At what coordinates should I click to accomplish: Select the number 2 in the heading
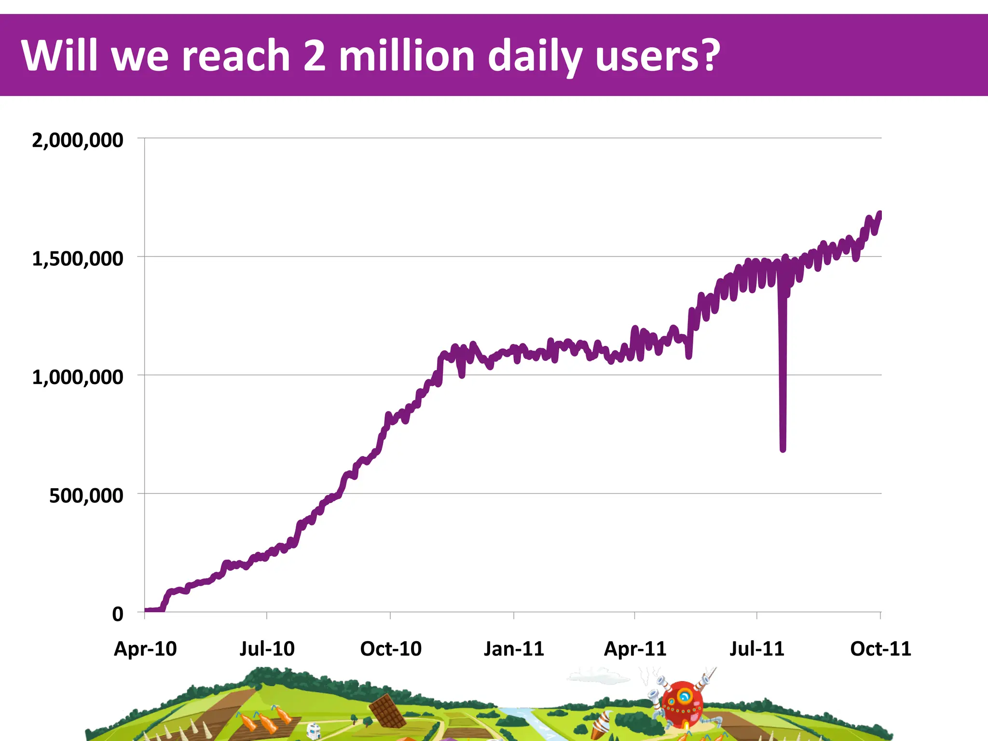pyautogui.click(x=315, y=55)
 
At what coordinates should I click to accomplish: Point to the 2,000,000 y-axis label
pyautogui.click(x=77, y=140)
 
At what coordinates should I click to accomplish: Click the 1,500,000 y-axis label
pyautogui.click(x=77, y=259)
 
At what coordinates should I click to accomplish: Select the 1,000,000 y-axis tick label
pyautogui.click(x=77, y=377)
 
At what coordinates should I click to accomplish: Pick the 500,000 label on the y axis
pyautogui.click(x=86, y=496)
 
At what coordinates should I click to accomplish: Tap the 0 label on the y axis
pyautogui.click(x=118, y=615)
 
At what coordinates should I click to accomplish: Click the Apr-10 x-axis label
pyautogui.click(x=145, y=649)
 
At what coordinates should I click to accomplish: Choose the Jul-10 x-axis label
pyautogui.click(x=267, y=649)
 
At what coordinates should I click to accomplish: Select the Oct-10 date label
pyautogui.click(x=391, y=649)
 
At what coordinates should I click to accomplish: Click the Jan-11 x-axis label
pyautogui.click(x=514, y=649)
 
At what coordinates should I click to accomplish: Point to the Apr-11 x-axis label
pyautogui.click(x=635, y=649)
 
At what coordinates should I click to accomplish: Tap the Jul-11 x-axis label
pyautogui.click(x=756, y=649)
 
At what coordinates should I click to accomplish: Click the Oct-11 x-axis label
pyautogui.click(x=880, y=649)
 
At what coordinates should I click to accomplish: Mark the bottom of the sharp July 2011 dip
pyautogui.click(x=782, y=449)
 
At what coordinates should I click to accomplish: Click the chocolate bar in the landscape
pyautogui.click(x=387, y=711)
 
